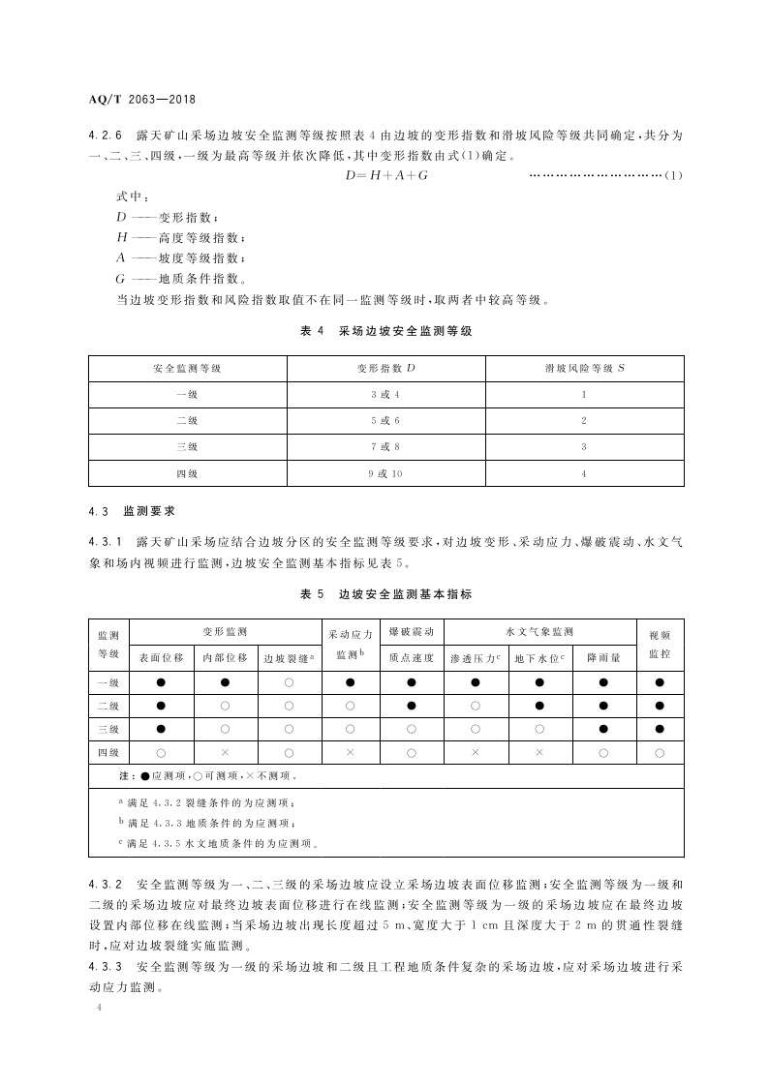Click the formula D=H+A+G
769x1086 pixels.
[386, 175]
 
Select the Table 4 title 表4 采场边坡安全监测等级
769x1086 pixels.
[385, 331]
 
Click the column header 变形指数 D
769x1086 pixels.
[385, 369]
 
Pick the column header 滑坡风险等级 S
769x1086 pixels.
[584, 369]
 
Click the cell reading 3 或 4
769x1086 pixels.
[385, 395]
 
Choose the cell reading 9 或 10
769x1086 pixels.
[385, 474]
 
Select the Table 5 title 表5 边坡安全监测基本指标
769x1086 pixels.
[385, 594]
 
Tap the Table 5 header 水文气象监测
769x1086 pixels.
[539, 631]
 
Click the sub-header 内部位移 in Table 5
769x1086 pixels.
[225, 658]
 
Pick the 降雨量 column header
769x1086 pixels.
[603, 658]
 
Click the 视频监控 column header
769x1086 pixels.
[660, 645]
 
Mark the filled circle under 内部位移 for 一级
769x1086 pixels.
[225, 683]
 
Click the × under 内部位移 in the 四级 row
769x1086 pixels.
[225, 752]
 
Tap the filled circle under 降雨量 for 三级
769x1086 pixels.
[603, 729]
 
